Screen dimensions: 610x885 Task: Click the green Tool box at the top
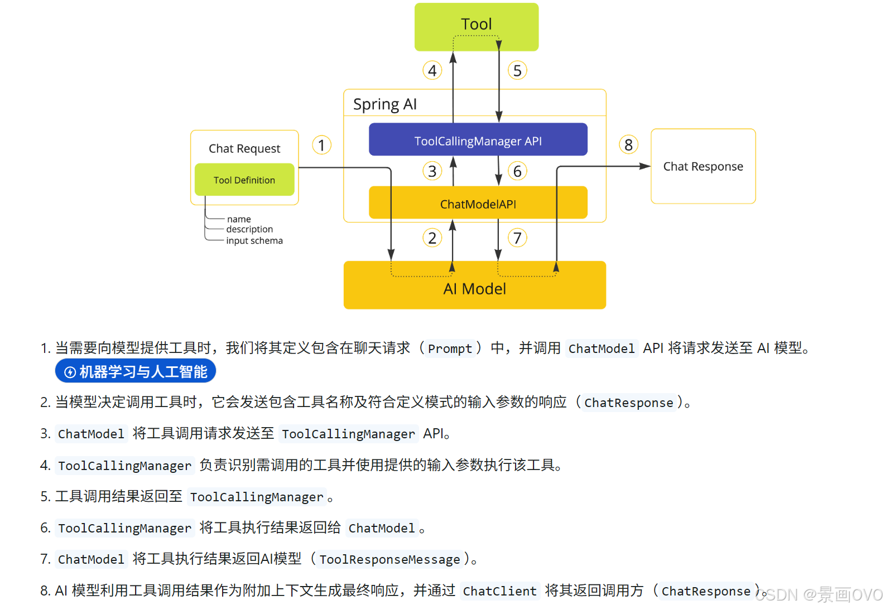pyautogui.click(x=476, y=25)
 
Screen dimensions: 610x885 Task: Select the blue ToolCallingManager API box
pyautogui.click(x=478, y=141)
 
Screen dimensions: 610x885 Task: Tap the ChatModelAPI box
pyautogui.click(x=478, y=204)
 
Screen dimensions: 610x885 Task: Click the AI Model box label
pyautogui.click(x=474, y=289)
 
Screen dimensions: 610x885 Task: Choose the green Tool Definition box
pyautogui.click(x=244, y=180)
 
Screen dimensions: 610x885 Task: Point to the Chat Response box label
pyautogui.click(x=703, y=166)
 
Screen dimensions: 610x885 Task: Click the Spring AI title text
pyautogui.click(x=384, y=104)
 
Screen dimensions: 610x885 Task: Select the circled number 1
pyautogui.click(x=321, y=145)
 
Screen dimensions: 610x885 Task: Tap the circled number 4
pyautogui.click(x=432, y=71)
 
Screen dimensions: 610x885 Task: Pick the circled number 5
pyautogui.click(x=517, y=71)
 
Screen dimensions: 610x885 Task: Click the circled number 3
pyautogui.click(x=432, y=171)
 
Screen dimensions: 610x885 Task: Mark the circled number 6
pyautogui.click(x=517, y=171)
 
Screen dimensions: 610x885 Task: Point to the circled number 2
pyautogui.click(x=432, y=238)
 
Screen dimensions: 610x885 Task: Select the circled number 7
pyautogui.click(x=517, y=238)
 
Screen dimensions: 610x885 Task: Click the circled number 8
pyautogui.click(x=628, y=145)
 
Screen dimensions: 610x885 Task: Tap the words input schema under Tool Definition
pyautogui.click(x=254, y=241)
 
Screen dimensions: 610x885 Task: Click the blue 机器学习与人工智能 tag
pyautogui.click(x=136, y=371)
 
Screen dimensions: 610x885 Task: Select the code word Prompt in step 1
pyautogui.click(x=450, y=348)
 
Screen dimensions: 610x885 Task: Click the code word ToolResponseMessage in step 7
pyautogui.click(x=389, y=559)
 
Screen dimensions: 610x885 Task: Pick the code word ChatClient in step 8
pyautogui.click(x=499, y=591)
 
